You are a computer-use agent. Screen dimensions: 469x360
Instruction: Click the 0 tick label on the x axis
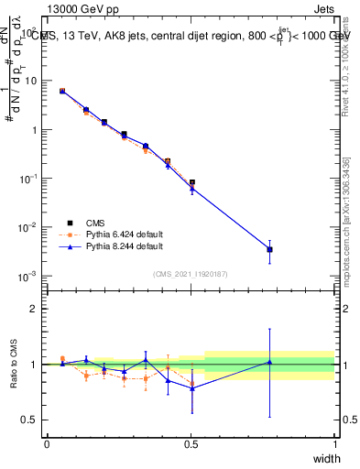pyautogui.click(x=47, y=443)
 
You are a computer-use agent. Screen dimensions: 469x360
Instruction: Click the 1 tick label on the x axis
pyautogui.click(x=334, y=443)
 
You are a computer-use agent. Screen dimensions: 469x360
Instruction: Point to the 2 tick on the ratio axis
pyautogui.click(x=34, y=309)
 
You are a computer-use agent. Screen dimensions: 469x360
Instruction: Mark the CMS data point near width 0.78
pyautogui.click(x=269, y=249)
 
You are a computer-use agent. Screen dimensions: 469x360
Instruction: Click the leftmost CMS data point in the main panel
pyautogui.click(x=62, y=92)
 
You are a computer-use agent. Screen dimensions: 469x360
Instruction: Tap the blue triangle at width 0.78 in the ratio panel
pyautogui.click(x=269, y=362)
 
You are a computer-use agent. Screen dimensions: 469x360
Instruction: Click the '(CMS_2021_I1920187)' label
pyautogui.click(x=191, y=273)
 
